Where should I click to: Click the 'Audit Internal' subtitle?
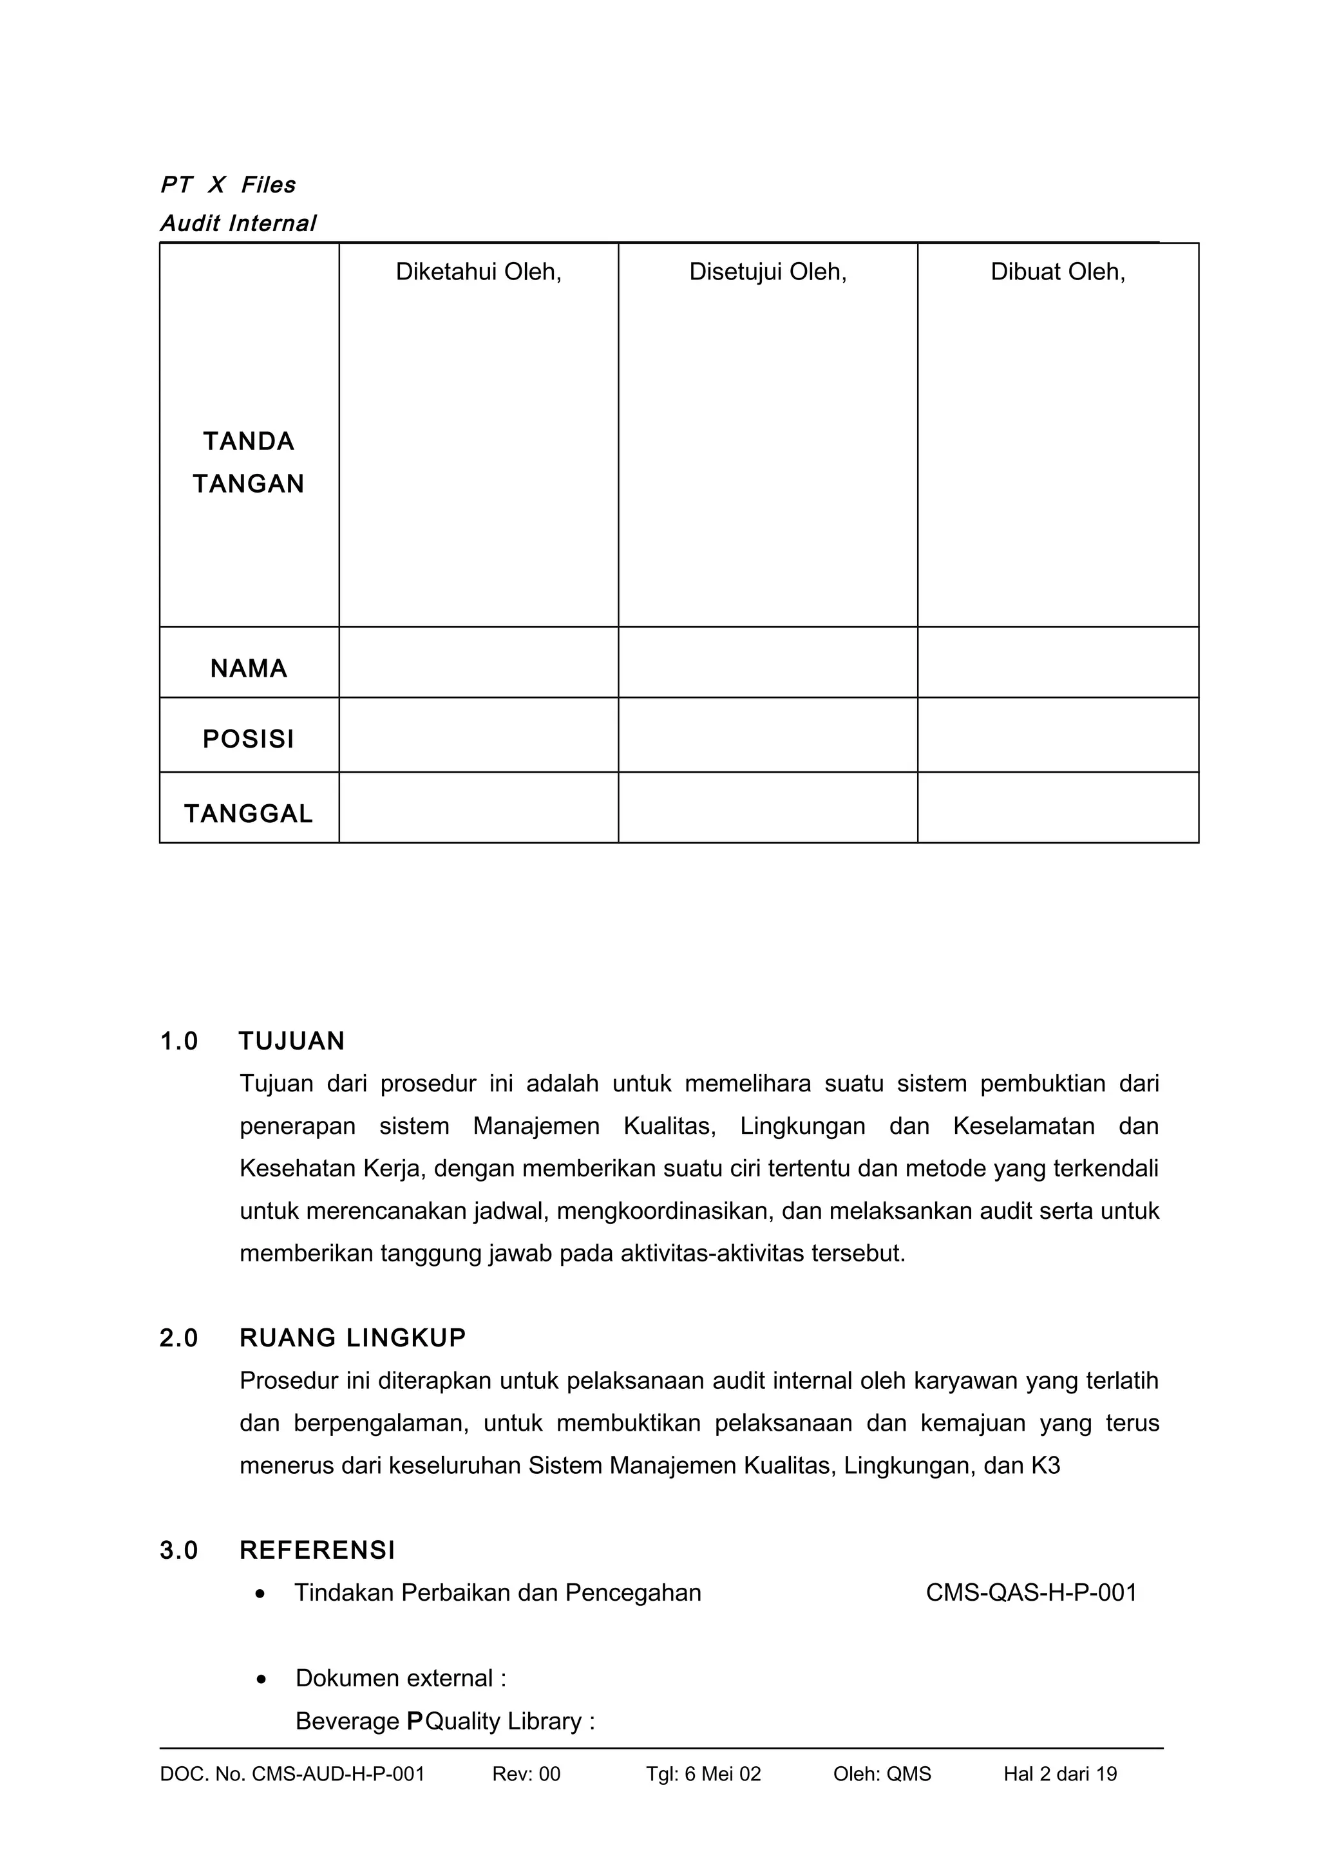coord(238,223)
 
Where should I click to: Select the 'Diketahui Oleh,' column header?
coord(478,272)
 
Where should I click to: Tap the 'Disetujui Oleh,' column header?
coord(767,272)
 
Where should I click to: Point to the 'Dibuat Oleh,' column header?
coord(1058,272)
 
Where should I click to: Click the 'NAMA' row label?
coord(249,668)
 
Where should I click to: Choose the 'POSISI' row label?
coord(249,739)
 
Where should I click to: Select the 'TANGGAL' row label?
coord(249,813)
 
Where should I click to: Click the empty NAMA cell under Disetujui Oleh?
coord(767,663)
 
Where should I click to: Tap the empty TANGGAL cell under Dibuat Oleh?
coord(1058,808)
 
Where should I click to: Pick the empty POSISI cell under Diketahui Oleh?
coord(478,735)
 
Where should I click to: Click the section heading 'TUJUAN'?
coord(292,1041)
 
